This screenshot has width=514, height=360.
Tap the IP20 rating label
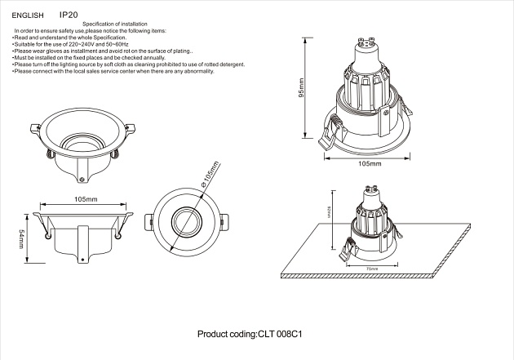pyautogui.click(x=69, y=15)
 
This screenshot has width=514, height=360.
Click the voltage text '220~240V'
pyautogui.click(x=78, y=44)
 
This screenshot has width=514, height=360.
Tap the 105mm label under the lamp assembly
pyautogui.click(x=370, y=163)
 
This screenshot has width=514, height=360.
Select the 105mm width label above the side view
pyautogui.click(x=86, y=199)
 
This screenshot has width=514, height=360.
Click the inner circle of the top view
pyautogui.click(x=185, y=221)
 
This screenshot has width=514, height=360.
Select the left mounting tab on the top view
pyautogui.click(x=148, y=221)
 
